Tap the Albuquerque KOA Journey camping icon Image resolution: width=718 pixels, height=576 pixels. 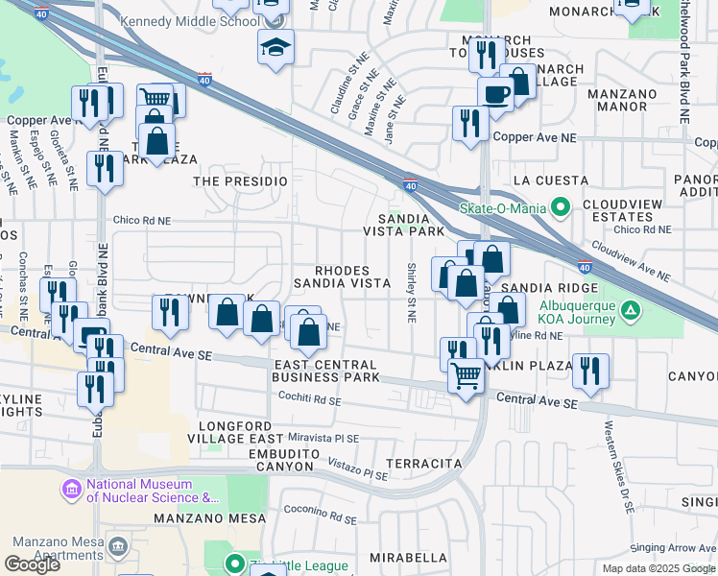coord(631,310)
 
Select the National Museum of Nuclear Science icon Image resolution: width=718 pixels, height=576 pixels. coord(71,491)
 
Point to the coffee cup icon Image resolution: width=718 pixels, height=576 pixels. coord(496,94)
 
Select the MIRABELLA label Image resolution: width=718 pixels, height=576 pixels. coord(409,557)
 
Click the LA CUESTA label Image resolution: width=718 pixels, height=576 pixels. coord(551,180)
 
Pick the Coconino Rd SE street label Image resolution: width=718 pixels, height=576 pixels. coord(322,511)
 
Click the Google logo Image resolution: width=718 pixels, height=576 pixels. coord(33,564)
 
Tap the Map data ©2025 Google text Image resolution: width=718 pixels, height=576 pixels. coord(658,568)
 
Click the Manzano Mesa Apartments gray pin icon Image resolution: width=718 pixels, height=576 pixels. coord(117,547)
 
